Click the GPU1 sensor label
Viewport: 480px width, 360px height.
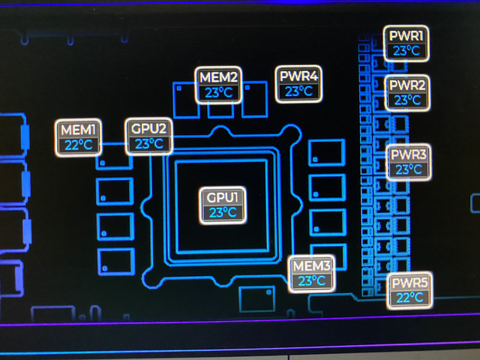click(223, 197)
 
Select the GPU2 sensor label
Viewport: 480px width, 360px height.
click(148, 128)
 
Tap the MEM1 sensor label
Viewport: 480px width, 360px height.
click(79, 129)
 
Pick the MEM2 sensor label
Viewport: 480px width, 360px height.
click(219, 76)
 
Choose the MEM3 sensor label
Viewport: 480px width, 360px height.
click(311, 266)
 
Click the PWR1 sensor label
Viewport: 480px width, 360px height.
click(407, 36)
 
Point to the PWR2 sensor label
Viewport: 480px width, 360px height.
click(407, 84)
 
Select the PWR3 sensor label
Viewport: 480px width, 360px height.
click(409, 155)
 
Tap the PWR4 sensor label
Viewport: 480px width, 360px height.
click(299, 76)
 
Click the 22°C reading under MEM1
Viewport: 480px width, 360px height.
click(79, 145)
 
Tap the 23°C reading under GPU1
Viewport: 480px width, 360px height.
click(223, 213)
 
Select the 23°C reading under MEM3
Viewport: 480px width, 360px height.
click(311, 281)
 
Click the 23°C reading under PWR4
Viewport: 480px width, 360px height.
click(299, 91)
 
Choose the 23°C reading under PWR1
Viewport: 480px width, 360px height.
click(407, 51)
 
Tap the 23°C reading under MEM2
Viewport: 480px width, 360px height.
click(219, 92)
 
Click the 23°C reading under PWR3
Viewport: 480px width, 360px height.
click(409, 170)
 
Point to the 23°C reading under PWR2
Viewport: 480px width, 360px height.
click(407, 100)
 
